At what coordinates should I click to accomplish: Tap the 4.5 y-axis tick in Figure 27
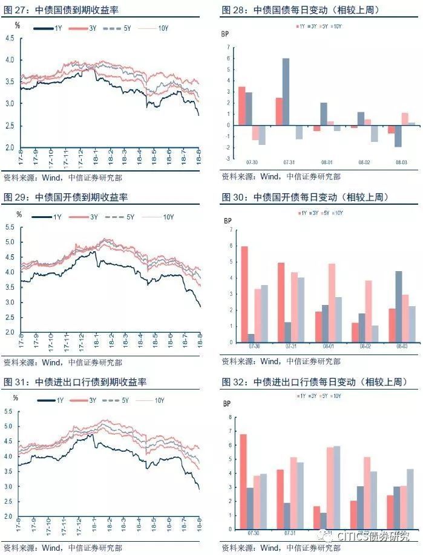click(10, 38)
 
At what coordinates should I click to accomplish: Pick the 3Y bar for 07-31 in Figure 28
click(286, 92)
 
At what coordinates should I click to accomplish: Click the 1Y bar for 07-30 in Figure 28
click(241, 106)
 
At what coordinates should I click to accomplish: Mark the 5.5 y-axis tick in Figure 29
click(10, 227)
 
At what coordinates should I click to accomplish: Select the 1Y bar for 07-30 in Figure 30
click(244, 294)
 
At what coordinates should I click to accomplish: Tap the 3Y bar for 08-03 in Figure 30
click(399, 307)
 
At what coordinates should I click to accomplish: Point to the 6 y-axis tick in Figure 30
click(230, 246)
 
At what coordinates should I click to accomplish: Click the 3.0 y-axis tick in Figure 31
click(10, 487)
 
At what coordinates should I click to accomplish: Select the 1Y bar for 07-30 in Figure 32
click(243, 482)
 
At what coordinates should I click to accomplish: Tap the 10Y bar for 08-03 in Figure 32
click(412, 499)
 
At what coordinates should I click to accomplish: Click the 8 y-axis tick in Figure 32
click(230, 417)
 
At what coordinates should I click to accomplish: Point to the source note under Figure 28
click(281, 177)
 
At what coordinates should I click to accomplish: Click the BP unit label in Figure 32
click(228, 403)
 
